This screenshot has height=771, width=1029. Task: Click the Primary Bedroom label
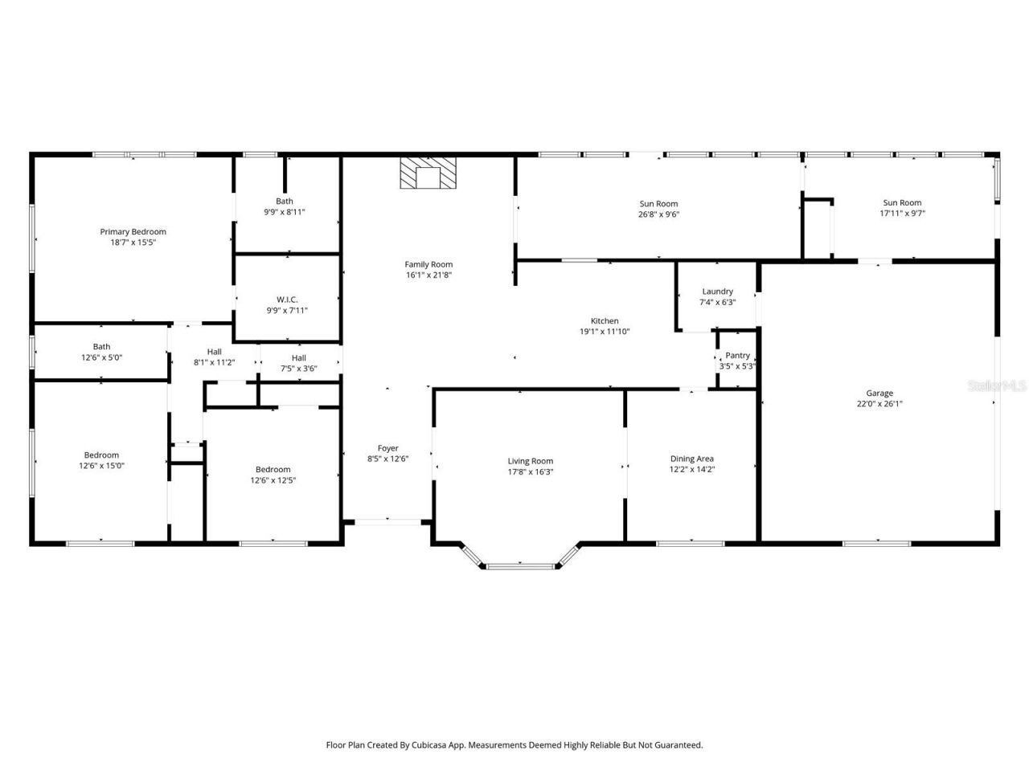[x=133, y=232]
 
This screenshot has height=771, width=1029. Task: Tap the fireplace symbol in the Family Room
[x=428, y=173]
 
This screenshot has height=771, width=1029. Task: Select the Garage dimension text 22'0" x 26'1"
[x=879, y=404]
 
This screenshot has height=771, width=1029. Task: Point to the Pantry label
[x=737, y=355]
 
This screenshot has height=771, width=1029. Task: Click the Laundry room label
[x=717, y=292]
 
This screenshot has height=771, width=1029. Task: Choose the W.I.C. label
[x=287, y=300]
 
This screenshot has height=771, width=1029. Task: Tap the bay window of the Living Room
[x=521, y=565]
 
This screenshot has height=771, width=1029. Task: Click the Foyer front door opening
[x=387, y=522]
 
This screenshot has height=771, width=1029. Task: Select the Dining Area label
[x=691, y=459]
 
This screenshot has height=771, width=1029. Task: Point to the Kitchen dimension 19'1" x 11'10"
[x=605, y=331]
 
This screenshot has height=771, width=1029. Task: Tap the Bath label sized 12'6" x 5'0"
[x=101, y=347]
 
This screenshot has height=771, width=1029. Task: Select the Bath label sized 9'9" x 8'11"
[x=285, y=202]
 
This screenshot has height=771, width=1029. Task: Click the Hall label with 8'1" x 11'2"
[x=214, y=352]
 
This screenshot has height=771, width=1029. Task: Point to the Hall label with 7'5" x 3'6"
[x=298, y=358]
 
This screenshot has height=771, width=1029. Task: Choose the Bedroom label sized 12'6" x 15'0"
[x=101, y=455]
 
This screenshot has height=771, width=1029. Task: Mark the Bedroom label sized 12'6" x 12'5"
[x=273, y=470]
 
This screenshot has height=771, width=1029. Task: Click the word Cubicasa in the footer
[x=431, y=745]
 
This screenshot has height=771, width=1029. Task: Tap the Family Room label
[x=428, y=264]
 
